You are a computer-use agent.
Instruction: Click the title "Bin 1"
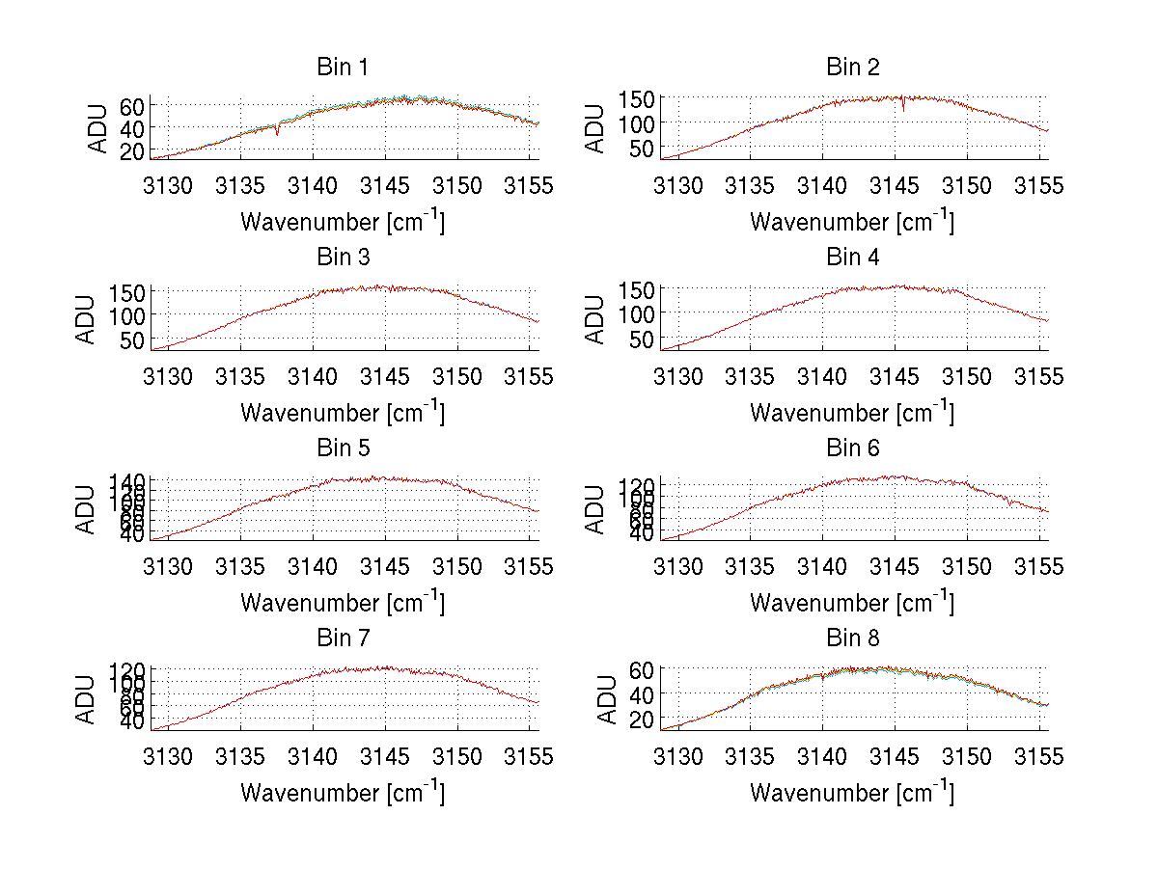pos(342,68)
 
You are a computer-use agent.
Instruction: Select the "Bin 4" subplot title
pos(852,258)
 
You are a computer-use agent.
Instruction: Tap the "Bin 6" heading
pos(852,448)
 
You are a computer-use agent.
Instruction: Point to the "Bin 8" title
pos(852,638)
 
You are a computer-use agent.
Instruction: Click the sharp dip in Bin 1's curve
pos(278,132)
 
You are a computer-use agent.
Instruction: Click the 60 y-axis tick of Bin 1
pos(132,106)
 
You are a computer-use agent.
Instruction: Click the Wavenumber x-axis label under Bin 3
pos(342,412)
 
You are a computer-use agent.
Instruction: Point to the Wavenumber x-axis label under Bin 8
pos(852,793)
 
